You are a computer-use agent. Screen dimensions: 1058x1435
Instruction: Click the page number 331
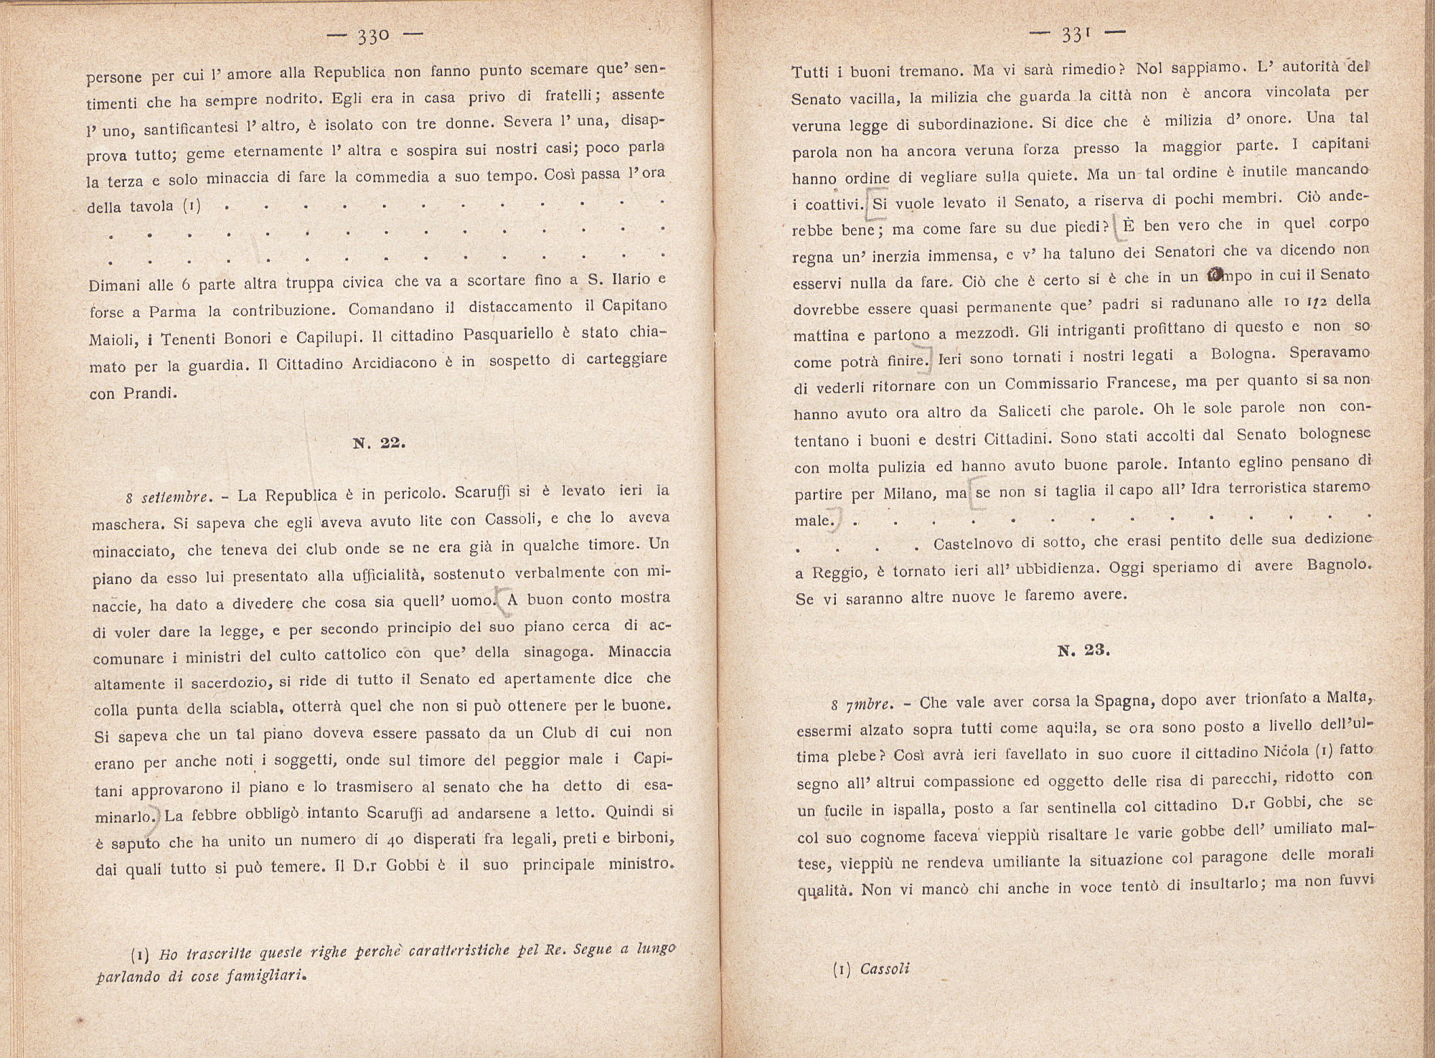(x=1076, y=34)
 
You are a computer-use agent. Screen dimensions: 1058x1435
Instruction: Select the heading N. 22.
(x=380, y=443)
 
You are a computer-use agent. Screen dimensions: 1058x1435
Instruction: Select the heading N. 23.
(x=1084, y=651)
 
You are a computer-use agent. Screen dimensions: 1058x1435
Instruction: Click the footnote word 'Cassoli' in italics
(x=884, y=969)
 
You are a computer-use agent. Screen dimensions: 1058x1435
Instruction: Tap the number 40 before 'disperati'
(x=393, y=840)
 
